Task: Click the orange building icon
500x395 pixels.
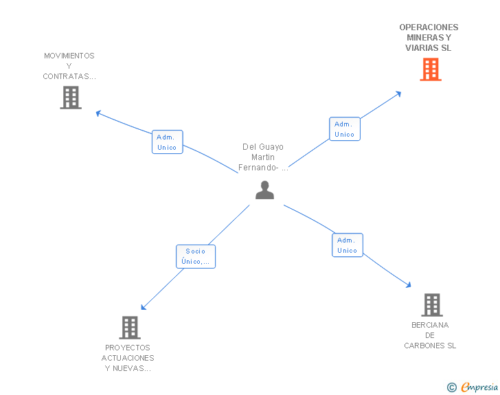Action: (430, 69)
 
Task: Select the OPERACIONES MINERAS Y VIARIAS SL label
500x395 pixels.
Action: (429, 38)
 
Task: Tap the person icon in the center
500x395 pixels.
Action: (264, 190)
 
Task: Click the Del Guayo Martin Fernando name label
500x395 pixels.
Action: (263, 157)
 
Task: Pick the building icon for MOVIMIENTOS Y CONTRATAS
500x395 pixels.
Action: (70, 98)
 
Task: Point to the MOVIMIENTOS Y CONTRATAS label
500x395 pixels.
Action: (69, 66)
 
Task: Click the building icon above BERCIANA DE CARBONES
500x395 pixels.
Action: (431, 304)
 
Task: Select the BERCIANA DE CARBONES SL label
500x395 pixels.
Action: (430, 335)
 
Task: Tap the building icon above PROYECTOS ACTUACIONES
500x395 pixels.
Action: (129, 328)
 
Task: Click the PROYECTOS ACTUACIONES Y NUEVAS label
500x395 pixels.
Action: (128, 358)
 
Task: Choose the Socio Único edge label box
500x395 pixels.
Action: (196, 256)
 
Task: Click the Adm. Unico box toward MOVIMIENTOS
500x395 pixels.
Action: (167, 142)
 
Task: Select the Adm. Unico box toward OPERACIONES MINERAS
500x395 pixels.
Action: (345, 129)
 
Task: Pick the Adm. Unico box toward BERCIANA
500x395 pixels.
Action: (348, 245)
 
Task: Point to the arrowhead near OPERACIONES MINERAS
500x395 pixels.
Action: (398, 93)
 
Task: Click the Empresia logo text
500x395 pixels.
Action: (480, 387)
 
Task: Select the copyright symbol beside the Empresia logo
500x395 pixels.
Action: (451, 388)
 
